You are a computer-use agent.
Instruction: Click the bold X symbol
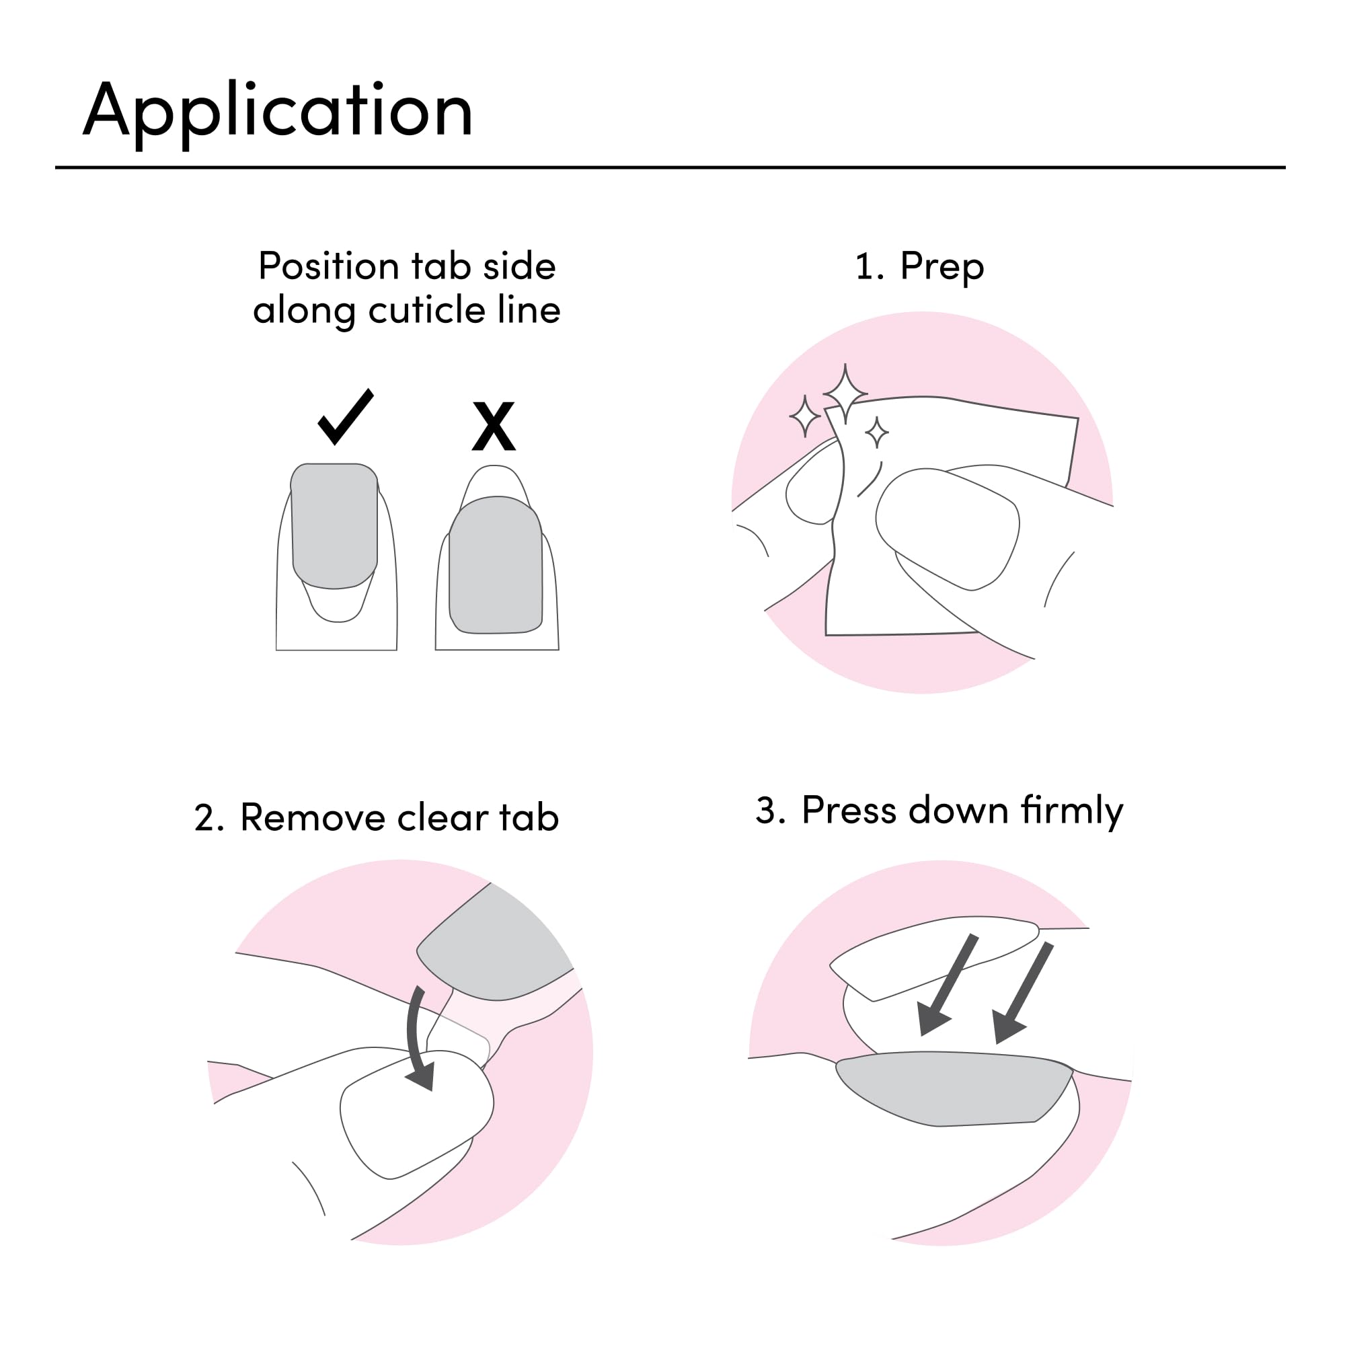493,426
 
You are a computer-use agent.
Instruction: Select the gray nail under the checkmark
334,525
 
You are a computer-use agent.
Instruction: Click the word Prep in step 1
941,268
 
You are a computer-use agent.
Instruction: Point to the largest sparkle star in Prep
845,394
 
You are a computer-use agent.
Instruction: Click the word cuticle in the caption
427,310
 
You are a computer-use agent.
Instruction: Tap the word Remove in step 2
312,818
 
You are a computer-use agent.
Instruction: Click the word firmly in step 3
1072,811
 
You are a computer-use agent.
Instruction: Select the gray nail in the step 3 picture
954,1088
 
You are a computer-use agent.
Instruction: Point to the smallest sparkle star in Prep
877,433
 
